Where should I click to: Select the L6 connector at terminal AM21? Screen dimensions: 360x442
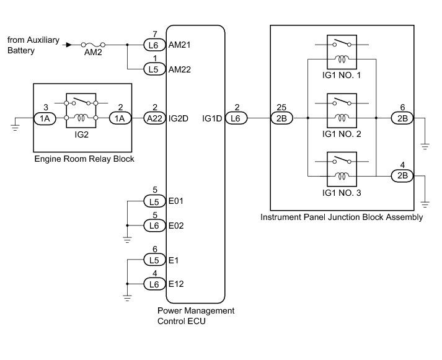pos(154,45)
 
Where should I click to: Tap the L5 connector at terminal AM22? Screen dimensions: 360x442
pos(154,69)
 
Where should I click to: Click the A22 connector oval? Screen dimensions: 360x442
pos(154,116)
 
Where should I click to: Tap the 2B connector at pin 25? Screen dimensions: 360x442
pos(281,116)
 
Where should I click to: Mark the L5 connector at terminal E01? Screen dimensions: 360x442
pos(154,201)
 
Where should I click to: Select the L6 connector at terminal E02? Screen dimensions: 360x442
pos(154,225)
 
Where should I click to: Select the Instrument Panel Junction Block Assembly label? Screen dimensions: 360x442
pos(342,217)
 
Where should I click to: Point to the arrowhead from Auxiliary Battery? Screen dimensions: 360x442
pos(69,45)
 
